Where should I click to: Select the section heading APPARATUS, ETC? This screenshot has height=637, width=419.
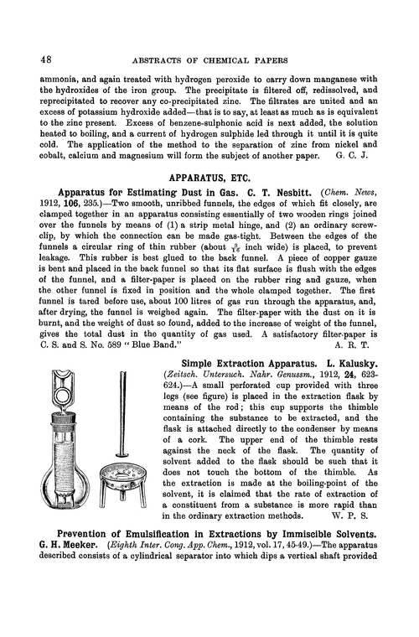tap(209, 179)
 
